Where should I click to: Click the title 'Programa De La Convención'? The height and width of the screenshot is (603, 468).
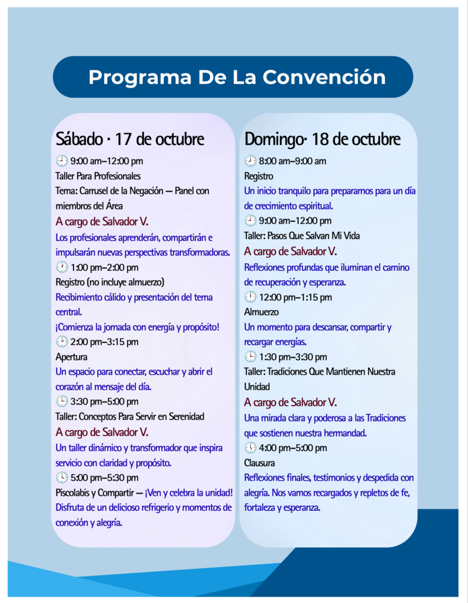[x=237, y=77]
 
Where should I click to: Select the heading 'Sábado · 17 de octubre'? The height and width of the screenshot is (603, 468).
[x=130, y=139]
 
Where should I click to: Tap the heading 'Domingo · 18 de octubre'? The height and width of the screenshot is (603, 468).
[x=322, y=139]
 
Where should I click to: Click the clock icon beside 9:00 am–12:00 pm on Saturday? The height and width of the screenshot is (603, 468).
[x=62, y=161]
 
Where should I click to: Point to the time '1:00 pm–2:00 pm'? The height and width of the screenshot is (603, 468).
[x=104, y=267]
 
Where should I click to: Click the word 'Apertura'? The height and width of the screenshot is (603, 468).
[x=71, y=357]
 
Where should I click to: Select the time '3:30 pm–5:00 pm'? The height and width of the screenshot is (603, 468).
[x=104, y=401]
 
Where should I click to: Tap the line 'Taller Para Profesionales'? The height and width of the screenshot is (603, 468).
[x=98, y=176]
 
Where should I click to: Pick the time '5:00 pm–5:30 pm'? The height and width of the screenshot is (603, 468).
[x=104, y=477]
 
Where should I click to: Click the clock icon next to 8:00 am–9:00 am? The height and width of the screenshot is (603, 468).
[x=250, y=161]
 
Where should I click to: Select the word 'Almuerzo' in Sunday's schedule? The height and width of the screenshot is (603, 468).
[x=261, y=312]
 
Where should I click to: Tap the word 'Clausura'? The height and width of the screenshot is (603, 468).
[x=260, y=463]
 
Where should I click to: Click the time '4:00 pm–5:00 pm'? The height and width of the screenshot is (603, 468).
[x=293, y=448]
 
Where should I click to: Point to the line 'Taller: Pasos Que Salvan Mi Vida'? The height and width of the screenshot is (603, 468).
[x=302, y=236]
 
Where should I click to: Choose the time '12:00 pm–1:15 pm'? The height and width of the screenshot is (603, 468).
[x=295, y=297]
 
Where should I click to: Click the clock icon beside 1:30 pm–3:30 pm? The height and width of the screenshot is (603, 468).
[x=250, y=357]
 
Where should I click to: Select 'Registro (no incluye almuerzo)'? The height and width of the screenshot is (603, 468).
[x=110, y=283]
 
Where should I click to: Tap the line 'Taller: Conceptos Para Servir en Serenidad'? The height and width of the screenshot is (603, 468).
[x=130, y=417]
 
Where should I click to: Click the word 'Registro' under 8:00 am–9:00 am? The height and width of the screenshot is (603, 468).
[x=259, y=176]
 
